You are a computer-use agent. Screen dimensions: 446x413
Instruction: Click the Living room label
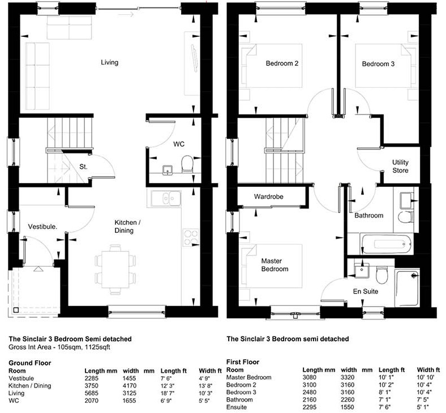tap(109, 62)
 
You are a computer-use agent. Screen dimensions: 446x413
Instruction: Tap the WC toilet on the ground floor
tap(187, 164)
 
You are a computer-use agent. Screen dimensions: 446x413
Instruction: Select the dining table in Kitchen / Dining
tap(115, 269)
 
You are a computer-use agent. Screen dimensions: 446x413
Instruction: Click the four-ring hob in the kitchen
tap(191, 238)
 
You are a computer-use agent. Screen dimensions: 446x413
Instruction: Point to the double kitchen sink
tap(166, 198)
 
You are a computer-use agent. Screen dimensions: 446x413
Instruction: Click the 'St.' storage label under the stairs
tap(83, 167)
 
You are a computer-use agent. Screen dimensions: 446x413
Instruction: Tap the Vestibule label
tap(42, 227)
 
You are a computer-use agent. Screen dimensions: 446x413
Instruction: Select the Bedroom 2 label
tap(282, 63)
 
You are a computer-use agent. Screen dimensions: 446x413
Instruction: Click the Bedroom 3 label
tap(378, 64)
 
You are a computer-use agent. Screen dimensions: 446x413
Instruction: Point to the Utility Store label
tap(400, 166)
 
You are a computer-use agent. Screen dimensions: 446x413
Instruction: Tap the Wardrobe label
tap(268, 197)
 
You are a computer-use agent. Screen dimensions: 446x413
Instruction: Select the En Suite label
tap(366, 291)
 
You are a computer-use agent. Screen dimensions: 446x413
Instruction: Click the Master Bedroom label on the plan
tap(275, 265)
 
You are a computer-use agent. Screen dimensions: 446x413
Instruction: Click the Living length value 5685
tap(91, 393)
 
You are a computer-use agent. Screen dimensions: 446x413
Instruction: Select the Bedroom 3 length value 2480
tap(310, 392)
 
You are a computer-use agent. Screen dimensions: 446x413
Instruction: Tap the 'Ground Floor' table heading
tap(30, 363)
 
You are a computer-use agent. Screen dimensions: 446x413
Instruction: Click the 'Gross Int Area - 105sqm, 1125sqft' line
tap(59, 347)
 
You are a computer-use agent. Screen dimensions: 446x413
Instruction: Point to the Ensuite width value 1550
tap(348, 407)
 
